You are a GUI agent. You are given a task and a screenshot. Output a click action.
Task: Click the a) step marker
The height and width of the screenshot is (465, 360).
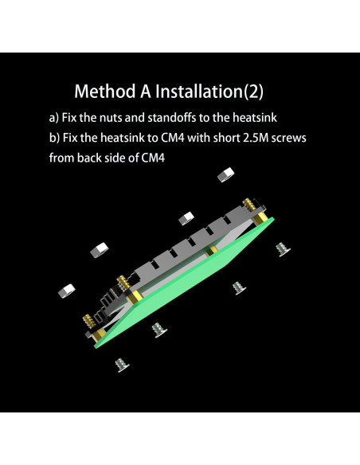(x=55, y=117)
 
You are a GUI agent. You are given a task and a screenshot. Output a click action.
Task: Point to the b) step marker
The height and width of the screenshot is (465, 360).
(x=55, y=138)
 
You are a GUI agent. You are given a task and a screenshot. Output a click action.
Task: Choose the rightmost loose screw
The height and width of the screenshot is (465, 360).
(x=281, y=248)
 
